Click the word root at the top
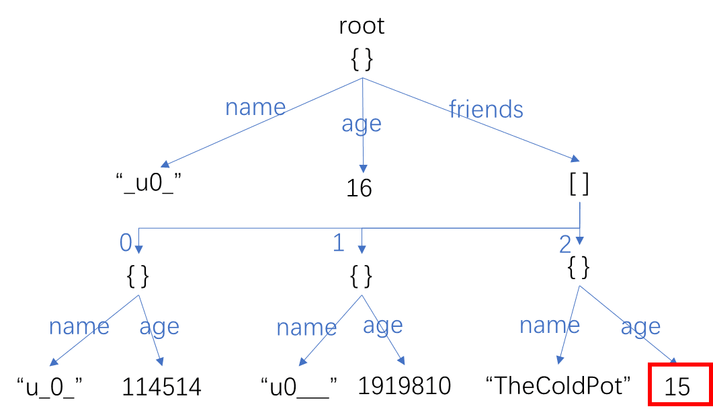click(362, 26)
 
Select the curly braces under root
click(362, 60)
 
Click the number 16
click(359, 188)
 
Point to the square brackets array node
click(579, 184)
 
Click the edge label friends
click(486, 109)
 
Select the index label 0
click(126, 243)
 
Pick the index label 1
click(338, 243)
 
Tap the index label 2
click(564, 245)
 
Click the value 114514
click(161, 387)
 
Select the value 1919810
click(405, 385)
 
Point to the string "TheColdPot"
click(558, 385)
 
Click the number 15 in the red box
click(677, 387)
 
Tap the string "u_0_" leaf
click(49, 387)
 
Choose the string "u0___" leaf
click(299, 387)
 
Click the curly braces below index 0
click(138, 276)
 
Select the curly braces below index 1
click(361, 276)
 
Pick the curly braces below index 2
click(579, 267)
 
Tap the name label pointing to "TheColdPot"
click(550, 326)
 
